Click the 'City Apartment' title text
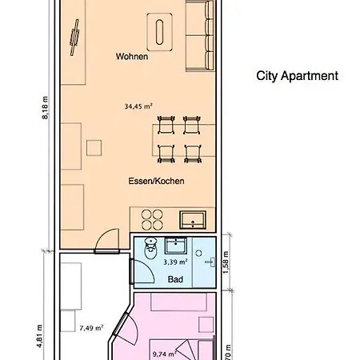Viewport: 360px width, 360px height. pyautogui.click(x=297, y=77)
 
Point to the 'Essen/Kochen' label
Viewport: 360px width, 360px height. pyautogui.click(x=157, y=181)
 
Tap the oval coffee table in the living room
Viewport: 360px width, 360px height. pyautogui.click(x=161, y=34)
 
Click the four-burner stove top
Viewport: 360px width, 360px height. pyautogui.click(x=149, y=218)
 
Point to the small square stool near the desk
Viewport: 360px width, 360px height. pyautogui.click(x=94, y=147)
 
